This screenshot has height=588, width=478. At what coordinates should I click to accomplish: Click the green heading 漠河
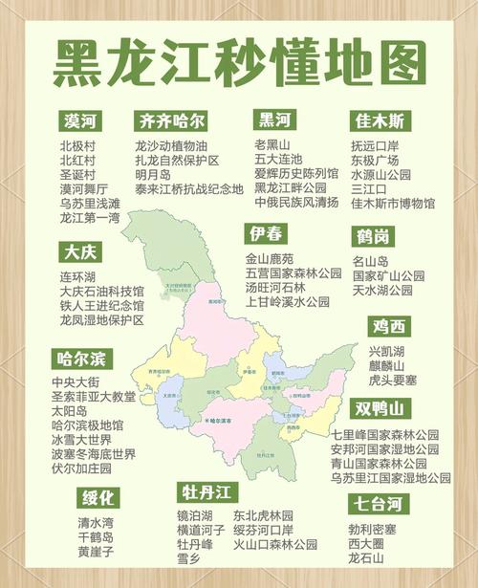click(x=81, y=121)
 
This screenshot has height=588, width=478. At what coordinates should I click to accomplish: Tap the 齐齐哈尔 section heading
click(x=171, y=121)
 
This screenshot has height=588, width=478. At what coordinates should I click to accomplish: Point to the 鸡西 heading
click(x=390, y=327)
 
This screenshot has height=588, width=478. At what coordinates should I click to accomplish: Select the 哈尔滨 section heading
click(x=84, y=359)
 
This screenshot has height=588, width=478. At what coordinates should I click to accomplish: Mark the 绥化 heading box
click(x=98, y=498)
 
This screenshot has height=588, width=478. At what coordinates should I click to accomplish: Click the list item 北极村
click(x=77, y=145)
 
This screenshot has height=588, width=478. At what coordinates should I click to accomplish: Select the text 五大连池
click(x=278, y=160)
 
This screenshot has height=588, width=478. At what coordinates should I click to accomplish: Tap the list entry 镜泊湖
click(x=197, y=515)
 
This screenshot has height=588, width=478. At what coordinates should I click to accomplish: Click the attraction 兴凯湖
click(x=387, y=351)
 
